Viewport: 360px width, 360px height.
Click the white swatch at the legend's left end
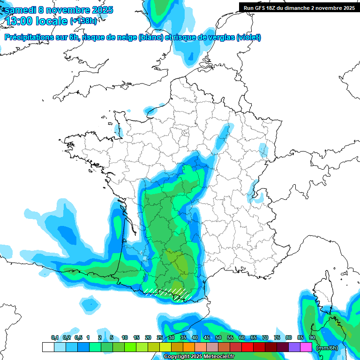click(x=48, y=347)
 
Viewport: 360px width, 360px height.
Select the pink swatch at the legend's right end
click(x=306, y=347)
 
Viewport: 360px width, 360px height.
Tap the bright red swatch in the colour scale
click(x=247, y=347)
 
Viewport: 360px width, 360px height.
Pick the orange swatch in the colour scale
click(x=189, y=347)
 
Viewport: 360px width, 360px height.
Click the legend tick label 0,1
click(x=55, y=338)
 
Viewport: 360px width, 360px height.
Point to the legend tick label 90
click(x=312, y=338)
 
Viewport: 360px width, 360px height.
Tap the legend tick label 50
click(x=218, y=338)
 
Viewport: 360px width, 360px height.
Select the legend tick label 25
click(x=160, y=338)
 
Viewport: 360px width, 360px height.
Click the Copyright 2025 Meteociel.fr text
click(x=199, y=357)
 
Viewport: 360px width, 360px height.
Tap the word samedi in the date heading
click(x=21, y=10)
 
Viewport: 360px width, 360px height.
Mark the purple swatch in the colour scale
click(x=294, y=347)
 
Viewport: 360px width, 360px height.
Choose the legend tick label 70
click(x=265, y=338)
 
